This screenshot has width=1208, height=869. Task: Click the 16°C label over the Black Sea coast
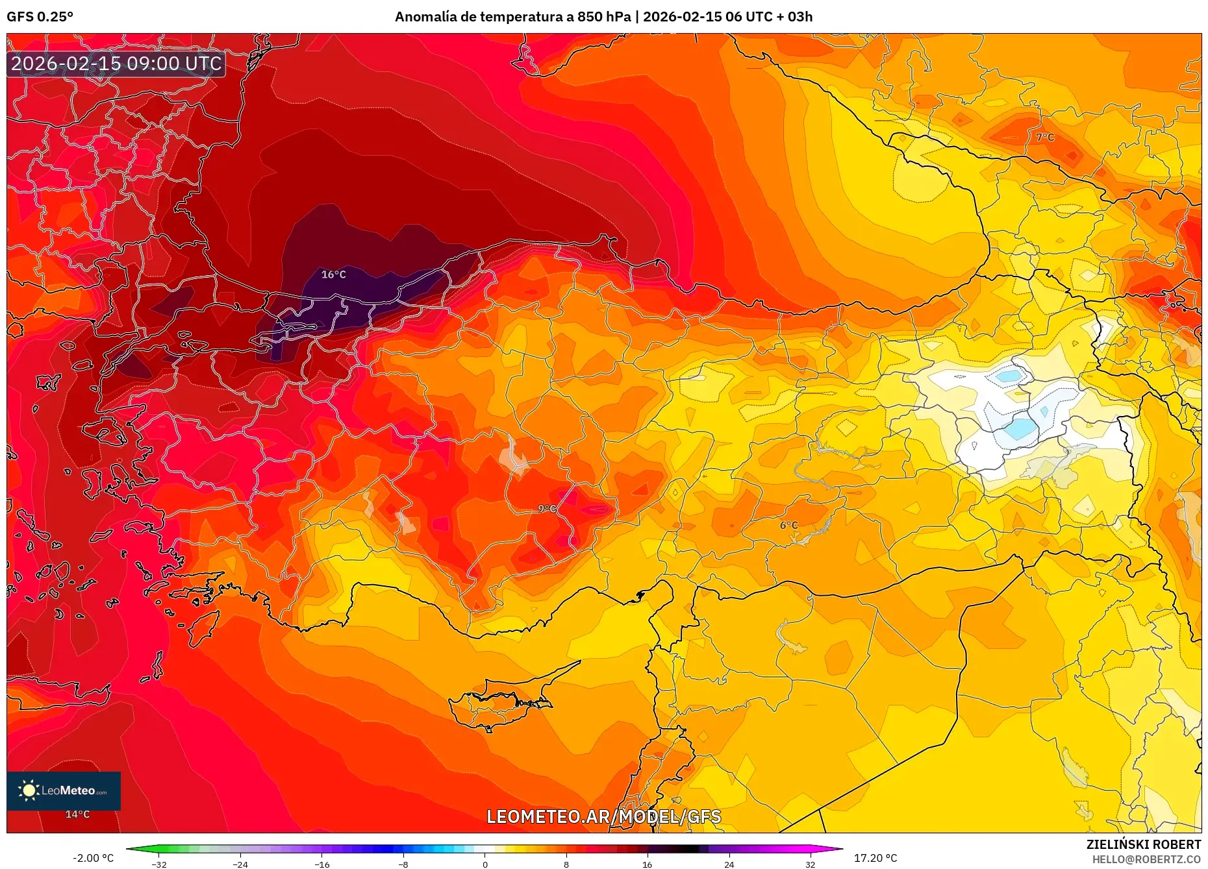333,275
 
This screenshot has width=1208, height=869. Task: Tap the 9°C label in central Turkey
547,509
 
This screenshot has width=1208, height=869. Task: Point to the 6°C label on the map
788,525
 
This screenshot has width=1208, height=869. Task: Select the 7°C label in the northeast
1045,137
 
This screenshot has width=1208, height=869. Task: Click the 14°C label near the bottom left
77,814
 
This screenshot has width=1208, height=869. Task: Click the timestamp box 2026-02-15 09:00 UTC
116,64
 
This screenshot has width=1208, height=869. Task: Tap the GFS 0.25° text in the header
40,17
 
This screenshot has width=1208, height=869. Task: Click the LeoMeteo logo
64,790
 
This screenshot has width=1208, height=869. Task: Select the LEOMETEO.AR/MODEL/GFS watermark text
603,816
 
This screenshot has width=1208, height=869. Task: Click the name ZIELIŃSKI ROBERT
1143,844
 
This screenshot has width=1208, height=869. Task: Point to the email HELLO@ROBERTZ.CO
1146,859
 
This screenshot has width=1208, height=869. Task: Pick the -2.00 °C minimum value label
93,858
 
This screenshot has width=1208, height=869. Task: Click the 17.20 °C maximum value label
875,858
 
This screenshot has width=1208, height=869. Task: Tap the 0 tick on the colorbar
484,864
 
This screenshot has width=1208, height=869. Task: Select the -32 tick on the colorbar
158,864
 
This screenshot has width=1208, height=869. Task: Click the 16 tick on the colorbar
647,864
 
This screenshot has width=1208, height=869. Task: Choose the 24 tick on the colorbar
729,864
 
